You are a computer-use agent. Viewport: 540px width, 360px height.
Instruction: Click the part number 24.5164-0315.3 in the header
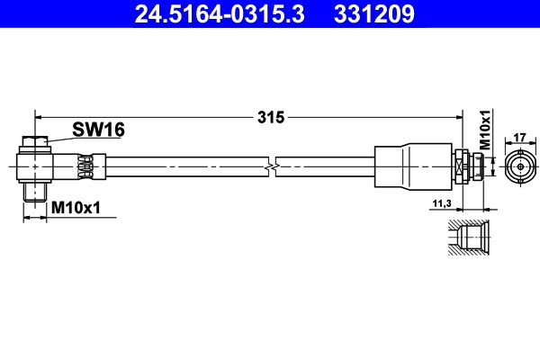coord(220,13)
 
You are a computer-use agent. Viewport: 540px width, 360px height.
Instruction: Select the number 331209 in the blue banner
coord(374,13)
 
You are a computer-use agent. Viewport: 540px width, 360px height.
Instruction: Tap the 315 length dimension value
coord(271,118)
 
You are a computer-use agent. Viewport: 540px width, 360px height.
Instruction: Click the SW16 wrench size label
coord(98,130)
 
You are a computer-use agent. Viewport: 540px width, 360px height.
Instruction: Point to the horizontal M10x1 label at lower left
coord(76,208)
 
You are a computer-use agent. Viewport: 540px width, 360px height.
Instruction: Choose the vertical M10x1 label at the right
coord(485,130)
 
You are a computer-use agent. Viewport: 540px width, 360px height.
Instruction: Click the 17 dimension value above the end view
coord(519,138)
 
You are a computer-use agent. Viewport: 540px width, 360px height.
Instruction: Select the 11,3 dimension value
coord(442,203)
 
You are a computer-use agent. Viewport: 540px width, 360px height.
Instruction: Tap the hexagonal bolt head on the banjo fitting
coord(35,141)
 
